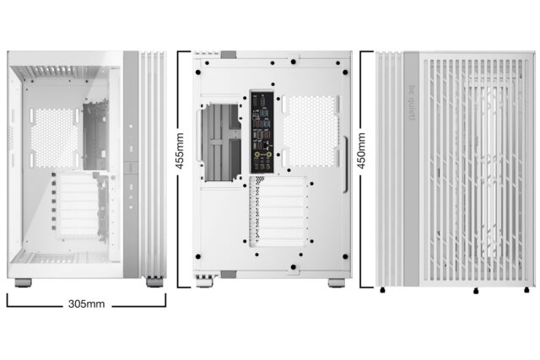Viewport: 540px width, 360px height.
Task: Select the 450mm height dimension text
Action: click(x=362, y=151)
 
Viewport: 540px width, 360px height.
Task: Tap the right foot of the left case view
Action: click(x=154, y=282)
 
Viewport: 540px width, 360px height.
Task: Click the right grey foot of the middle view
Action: click(x=335, y=282)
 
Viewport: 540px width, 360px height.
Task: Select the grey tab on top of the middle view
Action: click(x=228, y=54)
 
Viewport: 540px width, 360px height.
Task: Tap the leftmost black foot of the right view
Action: click(x=384, y=291)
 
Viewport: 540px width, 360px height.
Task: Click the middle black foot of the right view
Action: click(x=476, y=291)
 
